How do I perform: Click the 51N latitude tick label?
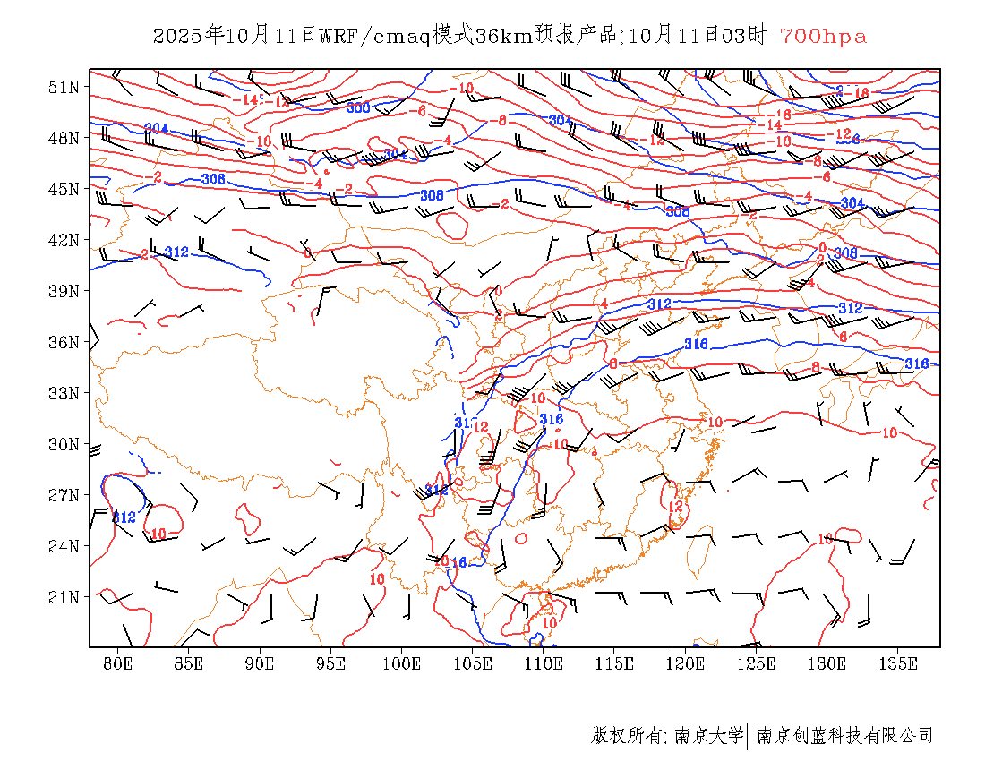pyautogui.click(x=63, y=87)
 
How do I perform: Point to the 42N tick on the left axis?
pyautogui.click(x=63, y=240)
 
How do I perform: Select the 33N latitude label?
pyautogui.click(x=63, y=393)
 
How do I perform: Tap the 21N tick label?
pyautogui.click(x=63, y=597)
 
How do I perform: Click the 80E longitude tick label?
pyautogui.click(x=118, y=663)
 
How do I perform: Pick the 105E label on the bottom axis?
pyautogui.click(x=473, y=663)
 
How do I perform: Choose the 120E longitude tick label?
pyautogui.click(x=686, y=663)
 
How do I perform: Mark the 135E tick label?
pyautogui.click(x=899, y=663)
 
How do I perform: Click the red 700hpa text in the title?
pyautogui.click(x=823, y=37)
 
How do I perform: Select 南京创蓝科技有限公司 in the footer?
pyautogui.click(x=845, y=736)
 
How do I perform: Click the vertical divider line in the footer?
pyautogui.click(x=747, y=736)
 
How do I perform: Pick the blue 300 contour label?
pyautogui.click(x=358, y=108)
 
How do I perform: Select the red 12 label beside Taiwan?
pyautogui.click(x=677, y=507)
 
